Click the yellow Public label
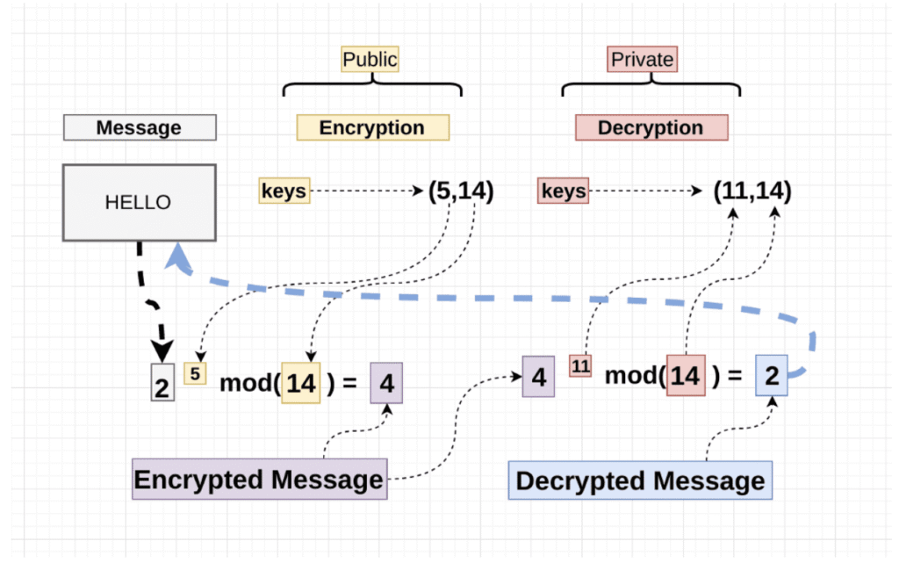pos(370,59)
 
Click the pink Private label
pos(642,59)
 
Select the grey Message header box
pos(140,127)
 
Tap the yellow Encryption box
pos(372,127)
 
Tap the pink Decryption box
pos(652,127)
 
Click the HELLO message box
pos(140,202)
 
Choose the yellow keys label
pos(284,191)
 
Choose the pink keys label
pos(563,191)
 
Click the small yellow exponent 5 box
pos(195,373)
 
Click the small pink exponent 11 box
pos(580,365)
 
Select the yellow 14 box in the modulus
pos(301,383)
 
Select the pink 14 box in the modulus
pos(686,376)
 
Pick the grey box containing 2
pos(162,382)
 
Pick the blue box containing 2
pos(771,376)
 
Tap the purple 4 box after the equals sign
pos(386,383)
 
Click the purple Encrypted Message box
pos(260,480)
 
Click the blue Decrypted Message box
pos(640,480)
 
